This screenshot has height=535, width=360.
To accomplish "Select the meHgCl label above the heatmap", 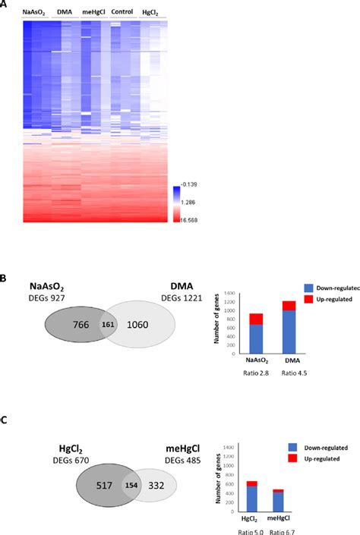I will click(93, 13).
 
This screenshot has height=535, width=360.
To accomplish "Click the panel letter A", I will click(4, 4).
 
